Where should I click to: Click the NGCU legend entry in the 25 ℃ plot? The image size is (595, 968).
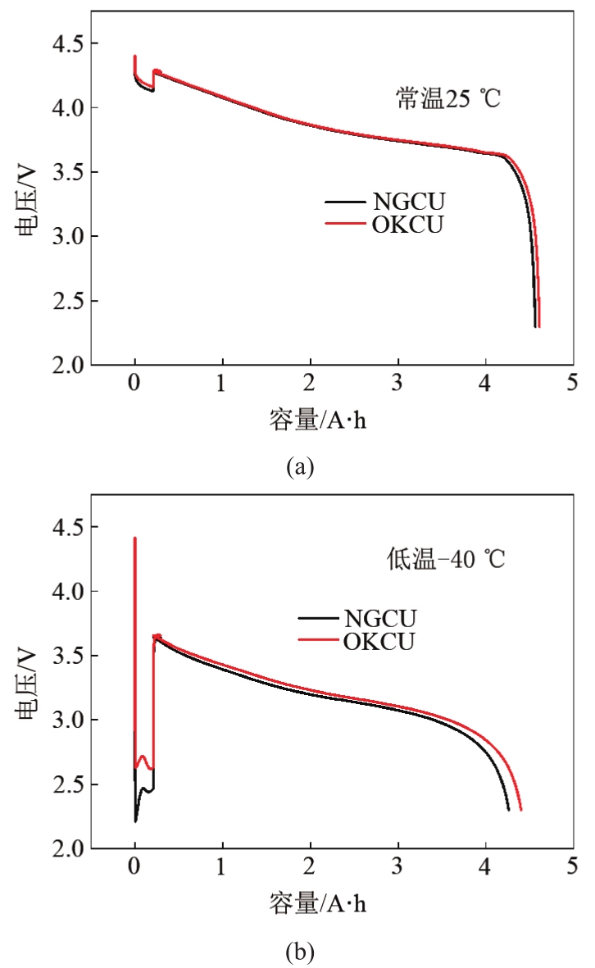point(407,201)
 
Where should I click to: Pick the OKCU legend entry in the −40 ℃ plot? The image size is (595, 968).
point(380,640)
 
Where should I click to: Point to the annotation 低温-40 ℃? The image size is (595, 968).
point(446,561)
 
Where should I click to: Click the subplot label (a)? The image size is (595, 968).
point(298,467)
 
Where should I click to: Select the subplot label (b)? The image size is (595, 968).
point(298,952)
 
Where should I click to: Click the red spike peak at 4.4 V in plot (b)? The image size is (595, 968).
point(134,539)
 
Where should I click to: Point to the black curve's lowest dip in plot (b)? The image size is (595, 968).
point(135,820)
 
